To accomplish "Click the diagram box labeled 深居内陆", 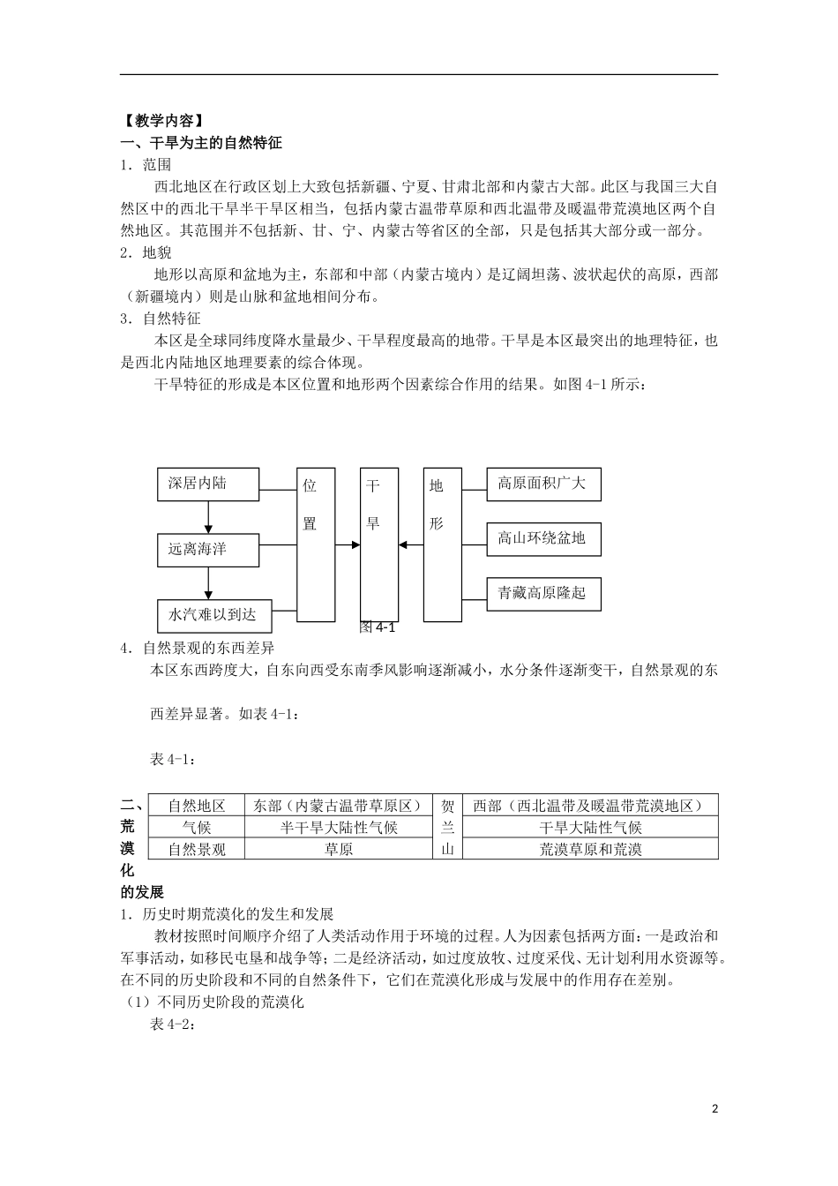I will click(208, 484).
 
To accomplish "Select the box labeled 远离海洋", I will click(208, 550).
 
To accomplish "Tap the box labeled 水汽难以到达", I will click(214, 614).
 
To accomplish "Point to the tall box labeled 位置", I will click(316, 544).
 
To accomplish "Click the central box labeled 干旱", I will click(379, 544).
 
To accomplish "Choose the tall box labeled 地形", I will click(442, 544).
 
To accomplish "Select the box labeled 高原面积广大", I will click(543, 484).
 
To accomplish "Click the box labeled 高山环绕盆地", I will click(543, 538).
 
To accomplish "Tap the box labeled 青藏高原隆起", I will click(543, 593).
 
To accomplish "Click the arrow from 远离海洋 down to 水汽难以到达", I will click(208, 582).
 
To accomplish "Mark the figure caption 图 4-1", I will click(378, 627).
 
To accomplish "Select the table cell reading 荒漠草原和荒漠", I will click(590, 849).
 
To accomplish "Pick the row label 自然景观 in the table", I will click(197, 849).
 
